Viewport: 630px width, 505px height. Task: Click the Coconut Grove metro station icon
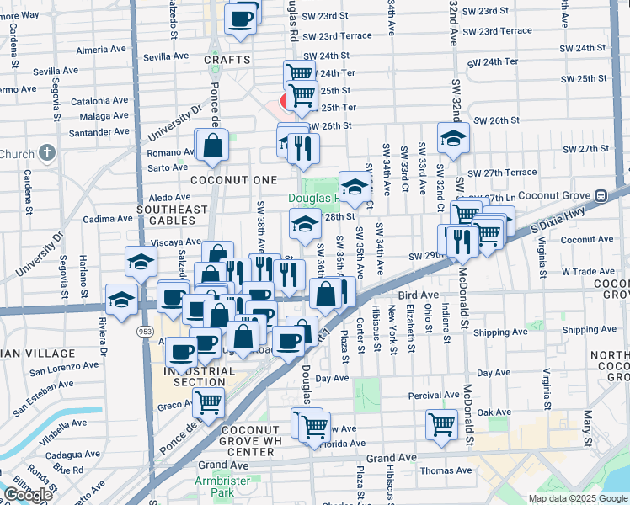coord(601,195)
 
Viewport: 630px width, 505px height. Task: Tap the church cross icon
coord(48,153)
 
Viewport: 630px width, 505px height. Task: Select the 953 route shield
coord(145,332)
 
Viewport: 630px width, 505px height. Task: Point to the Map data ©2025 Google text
coord(577,498)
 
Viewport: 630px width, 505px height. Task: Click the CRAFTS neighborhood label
coord(227,60)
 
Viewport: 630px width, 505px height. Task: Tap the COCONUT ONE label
coord(233,180)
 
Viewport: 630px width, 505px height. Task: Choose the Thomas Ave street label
coord(446,471)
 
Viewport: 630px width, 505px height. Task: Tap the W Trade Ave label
coord(590,271)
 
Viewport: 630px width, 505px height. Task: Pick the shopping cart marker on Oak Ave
coord(441,424)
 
